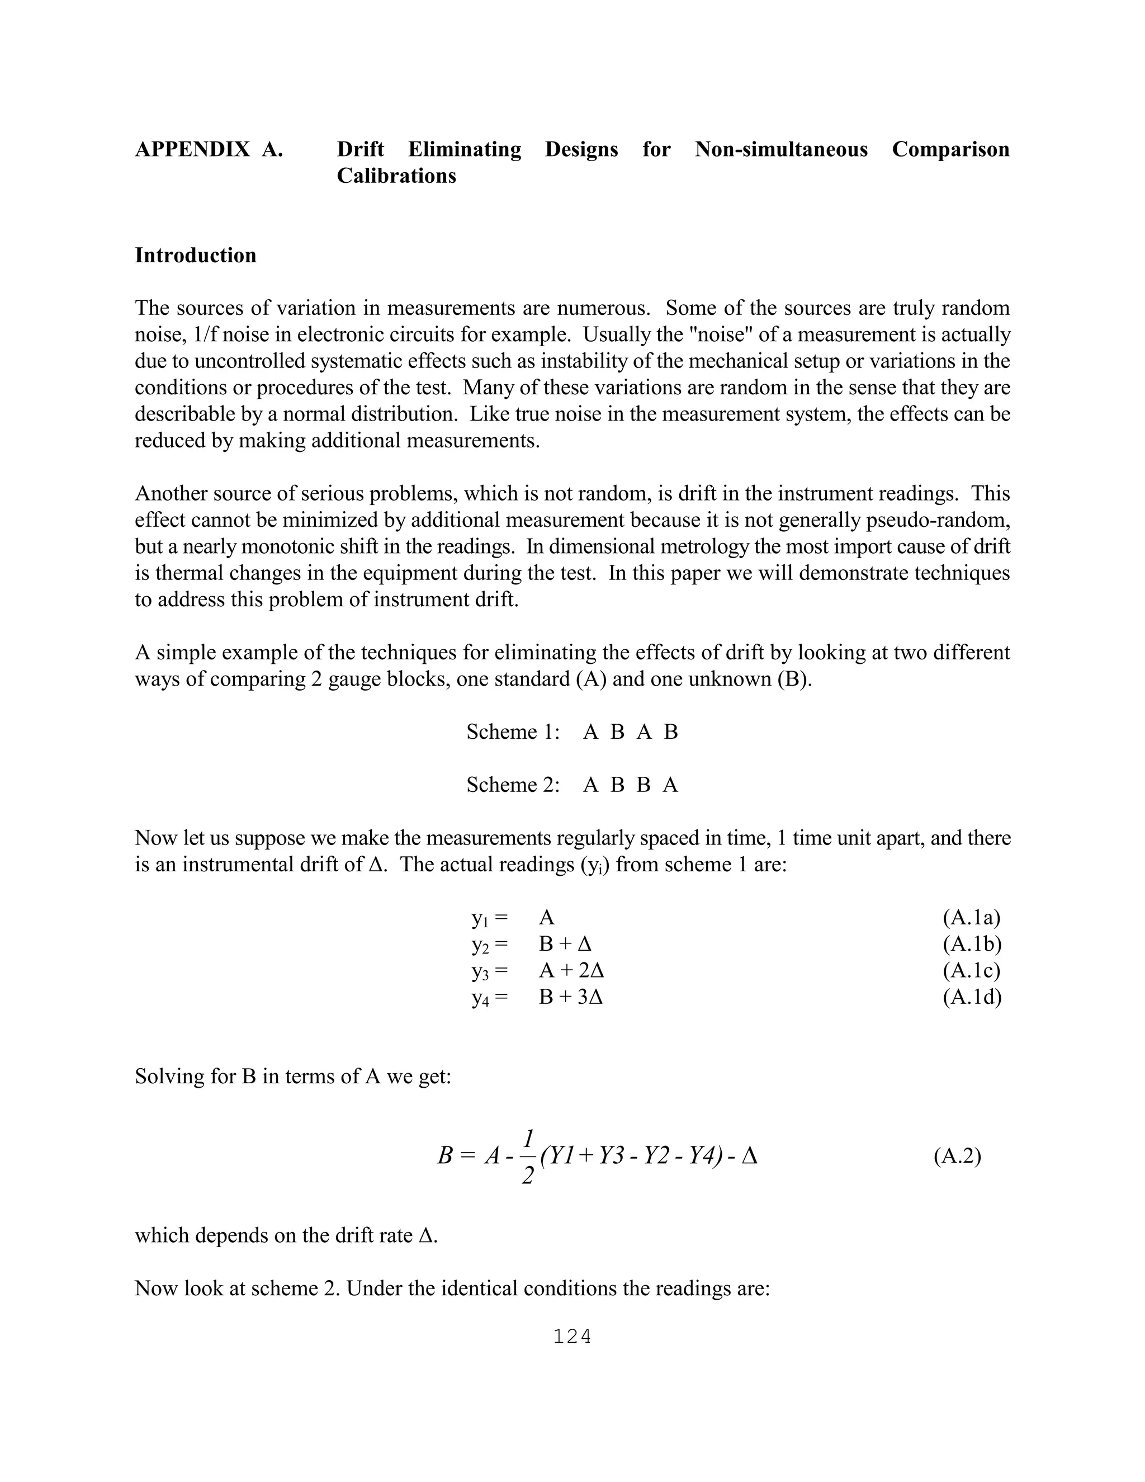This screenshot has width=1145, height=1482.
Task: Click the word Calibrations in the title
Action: pos(396,176)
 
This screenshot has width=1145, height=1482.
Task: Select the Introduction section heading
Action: pos(195,255)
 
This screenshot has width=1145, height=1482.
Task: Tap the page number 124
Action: pos(572,1337)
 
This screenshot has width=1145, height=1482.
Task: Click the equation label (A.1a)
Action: pos(971,917)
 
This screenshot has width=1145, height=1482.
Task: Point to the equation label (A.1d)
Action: pos(971,997)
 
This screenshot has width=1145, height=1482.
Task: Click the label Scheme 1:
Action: pos(513,731)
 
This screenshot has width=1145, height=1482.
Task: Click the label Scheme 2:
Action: pos(513,785)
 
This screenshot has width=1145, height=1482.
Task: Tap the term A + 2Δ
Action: pos(571,970)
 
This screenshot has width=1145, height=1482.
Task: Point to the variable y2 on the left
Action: pos(481,945)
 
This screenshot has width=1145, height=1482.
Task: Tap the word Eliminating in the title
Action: pos(465,149)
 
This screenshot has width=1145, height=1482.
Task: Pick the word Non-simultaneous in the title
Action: pos(780,149)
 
